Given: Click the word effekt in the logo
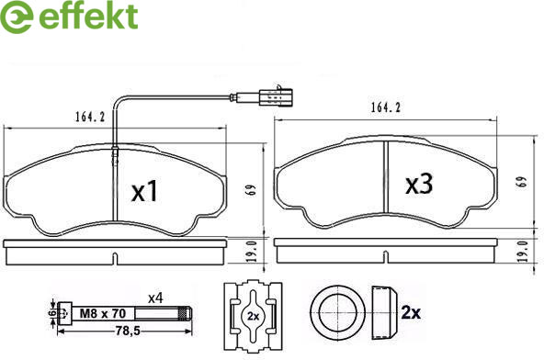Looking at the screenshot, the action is (89, 16).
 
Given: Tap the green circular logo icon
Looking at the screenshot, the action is (16, 17).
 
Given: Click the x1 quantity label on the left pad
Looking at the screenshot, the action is (144, 191).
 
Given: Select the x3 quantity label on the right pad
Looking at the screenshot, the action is (419, 184).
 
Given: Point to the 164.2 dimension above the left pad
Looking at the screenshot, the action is (90, 117).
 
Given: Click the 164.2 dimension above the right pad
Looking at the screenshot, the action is (386, 107).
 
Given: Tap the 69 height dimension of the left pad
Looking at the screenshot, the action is (252, 189).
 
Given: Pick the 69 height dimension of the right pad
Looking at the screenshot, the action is (522, 182).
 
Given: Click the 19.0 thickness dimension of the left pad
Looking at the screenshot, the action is (252, 251).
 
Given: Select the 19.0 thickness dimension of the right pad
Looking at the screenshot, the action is (523, 251).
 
